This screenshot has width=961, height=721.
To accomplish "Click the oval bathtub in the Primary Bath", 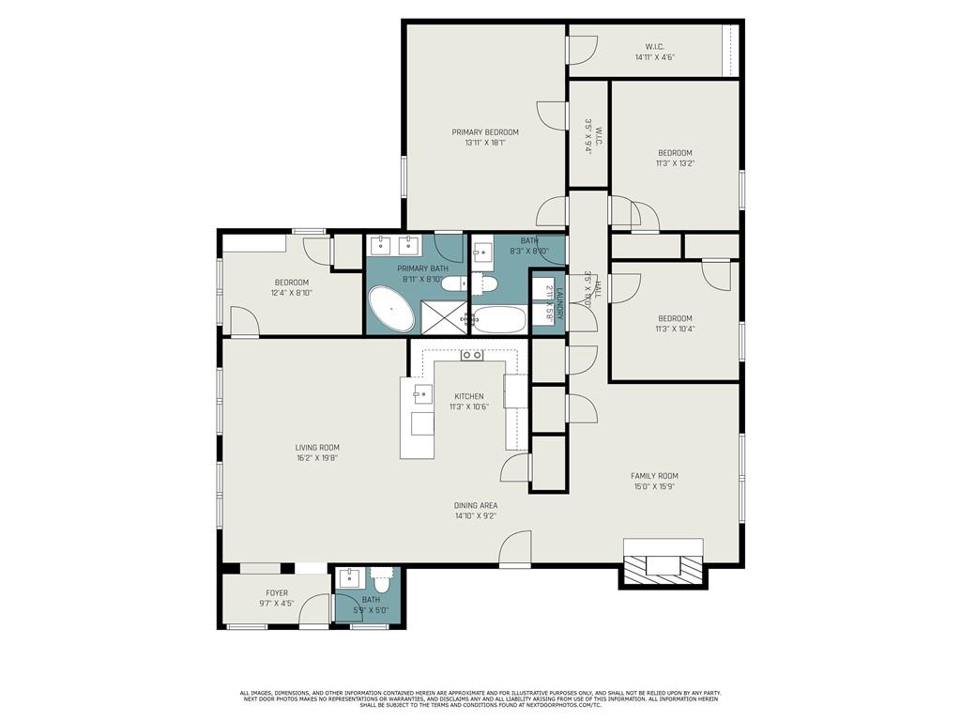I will [x=390, y=310].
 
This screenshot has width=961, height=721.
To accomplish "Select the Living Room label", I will [x=317, y=448].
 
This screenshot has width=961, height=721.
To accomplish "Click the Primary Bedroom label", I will [x=485, y=132].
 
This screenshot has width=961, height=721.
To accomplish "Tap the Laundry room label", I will [x=559, y=302].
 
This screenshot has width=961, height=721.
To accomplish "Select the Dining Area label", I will [x=476, y=505].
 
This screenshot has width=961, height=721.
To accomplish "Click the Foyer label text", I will [x=277, y=593].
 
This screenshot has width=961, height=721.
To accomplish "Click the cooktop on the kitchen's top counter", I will [x=471, y=356].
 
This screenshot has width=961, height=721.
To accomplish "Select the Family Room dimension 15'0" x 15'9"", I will [x=654, y=486].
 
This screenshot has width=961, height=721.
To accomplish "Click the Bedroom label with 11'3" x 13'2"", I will [x=675, y=153].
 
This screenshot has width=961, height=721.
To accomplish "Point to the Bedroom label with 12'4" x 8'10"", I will [x=291, y=283].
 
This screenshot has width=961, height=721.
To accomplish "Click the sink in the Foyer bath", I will [x=349, y=577].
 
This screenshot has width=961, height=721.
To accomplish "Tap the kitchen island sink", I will [x=423, y=392].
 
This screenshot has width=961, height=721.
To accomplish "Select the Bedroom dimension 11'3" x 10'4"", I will [x=675, y=329].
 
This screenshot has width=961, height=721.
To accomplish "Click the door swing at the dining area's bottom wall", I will [x=516, y=548].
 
